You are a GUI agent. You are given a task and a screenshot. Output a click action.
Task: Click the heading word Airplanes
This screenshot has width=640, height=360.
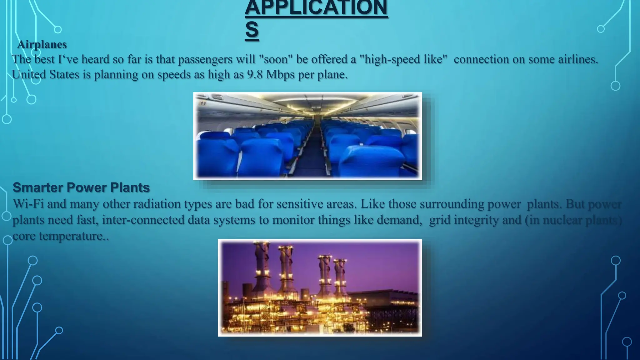click(x=42, y=44)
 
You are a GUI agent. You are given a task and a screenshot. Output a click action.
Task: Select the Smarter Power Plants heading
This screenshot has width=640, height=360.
click(x=81, y=187)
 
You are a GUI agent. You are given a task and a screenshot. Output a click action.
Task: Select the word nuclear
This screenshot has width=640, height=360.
click(x=562, y=220)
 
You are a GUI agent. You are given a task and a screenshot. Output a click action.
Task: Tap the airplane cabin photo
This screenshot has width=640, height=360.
click(x=307, y=136)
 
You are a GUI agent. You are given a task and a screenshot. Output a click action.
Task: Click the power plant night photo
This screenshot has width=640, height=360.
click(x=320, y=287)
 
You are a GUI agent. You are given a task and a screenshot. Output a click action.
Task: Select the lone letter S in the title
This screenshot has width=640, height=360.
click(x=252, y=30)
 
